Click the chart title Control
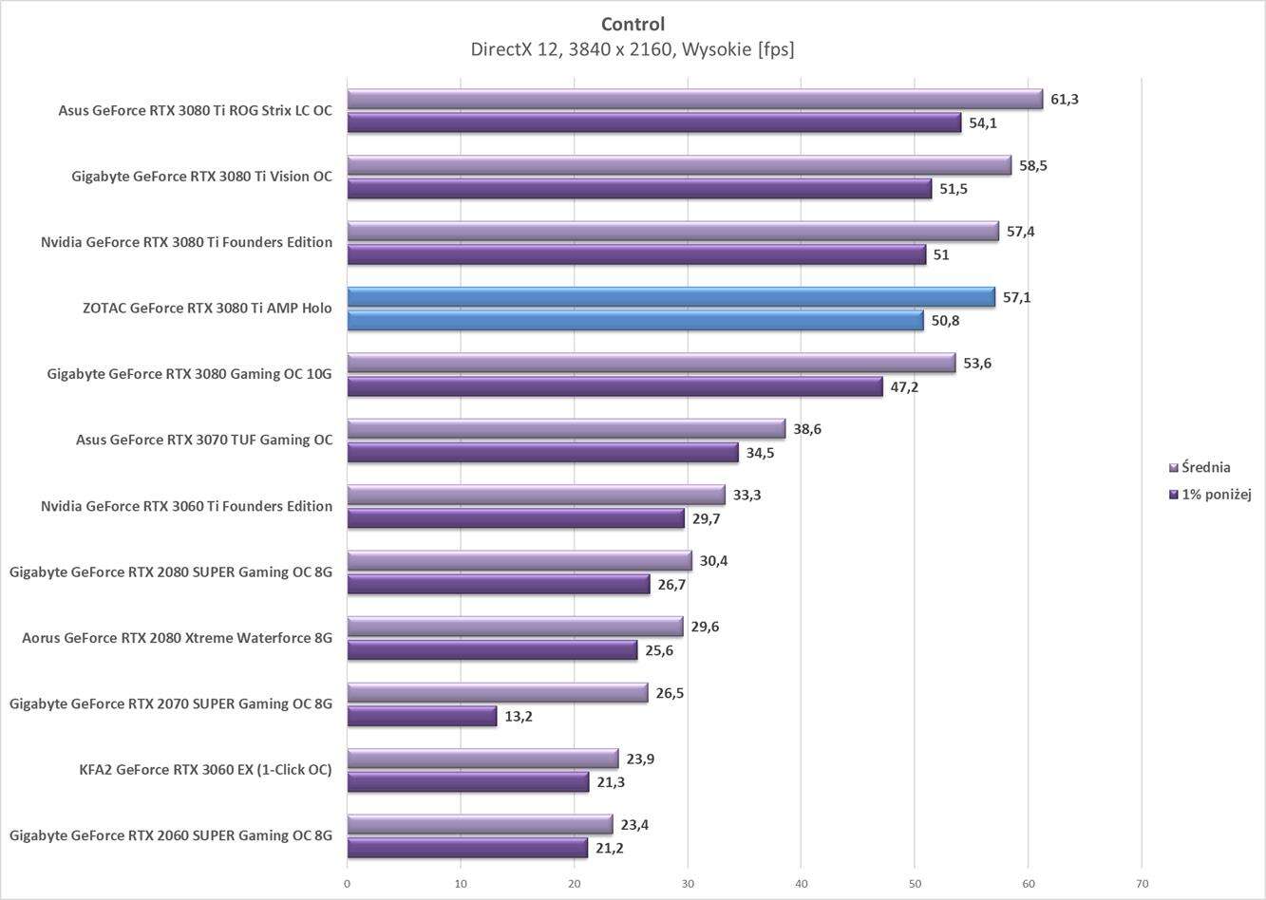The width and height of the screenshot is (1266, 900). (x=633, y=24)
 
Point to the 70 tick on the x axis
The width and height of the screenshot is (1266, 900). (x=1141, y=884)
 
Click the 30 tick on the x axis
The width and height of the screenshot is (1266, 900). (x=688, y=884)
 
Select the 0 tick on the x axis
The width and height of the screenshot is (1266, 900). (x=348, y=884)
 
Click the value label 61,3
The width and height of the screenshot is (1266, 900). (x=1064, y=100)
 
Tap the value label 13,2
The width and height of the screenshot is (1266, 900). (x=518, y=717)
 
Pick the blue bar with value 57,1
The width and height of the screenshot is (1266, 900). (x=671, y=297)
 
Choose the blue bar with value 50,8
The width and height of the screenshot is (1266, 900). (x=634, y=321)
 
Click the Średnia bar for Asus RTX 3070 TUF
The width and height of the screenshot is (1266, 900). (x=566, y=429)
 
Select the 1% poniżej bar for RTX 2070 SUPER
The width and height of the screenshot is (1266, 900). (x=422, y=717)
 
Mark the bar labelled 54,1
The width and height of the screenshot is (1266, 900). (x=653, y=123)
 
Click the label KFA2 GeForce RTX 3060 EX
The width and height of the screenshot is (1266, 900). (x=205, y=770)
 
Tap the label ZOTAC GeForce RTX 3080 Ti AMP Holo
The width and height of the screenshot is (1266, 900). (x=207, y=308)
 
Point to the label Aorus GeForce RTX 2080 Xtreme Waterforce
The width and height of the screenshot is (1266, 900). (x=177, y=638)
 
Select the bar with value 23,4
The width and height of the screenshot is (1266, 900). (x=480, y=825)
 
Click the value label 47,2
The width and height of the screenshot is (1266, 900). (x=904, y=387)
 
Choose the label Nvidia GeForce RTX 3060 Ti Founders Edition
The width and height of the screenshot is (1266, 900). (x=186, y=506)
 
